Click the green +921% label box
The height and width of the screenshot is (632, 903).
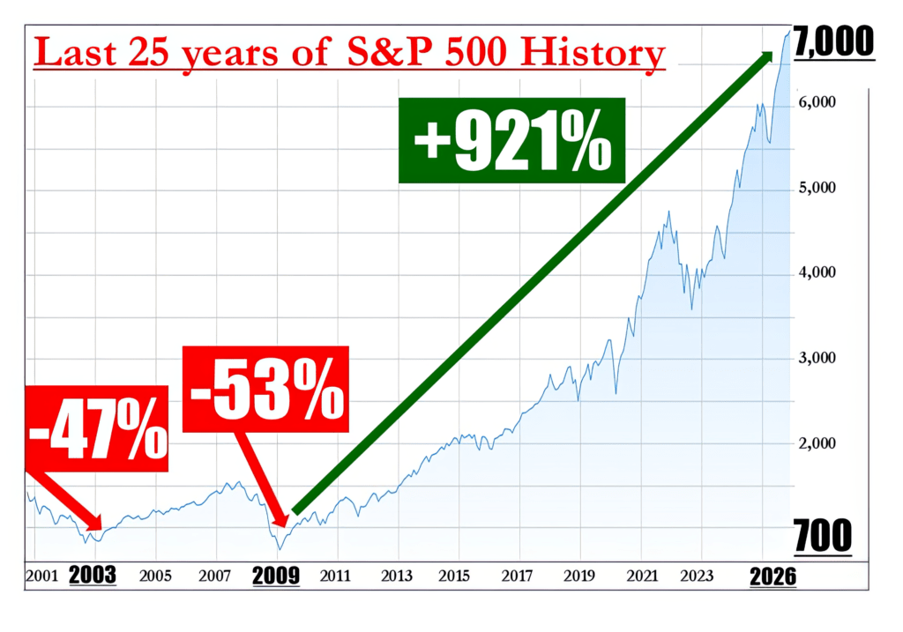point(511,140)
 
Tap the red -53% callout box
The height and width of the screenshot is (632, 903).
point(265,389)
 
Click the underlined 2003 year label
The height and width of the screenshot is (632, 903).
point(93,576)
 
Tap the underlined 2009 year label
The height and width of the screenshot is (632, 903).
point(275,576)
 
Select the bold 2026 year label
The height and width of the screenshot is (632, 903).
point(772,576)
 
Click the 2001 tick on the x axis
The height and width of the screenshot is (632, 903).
point(41,576)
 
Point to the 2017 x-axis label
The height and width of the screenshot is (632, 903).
point(518,576)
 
